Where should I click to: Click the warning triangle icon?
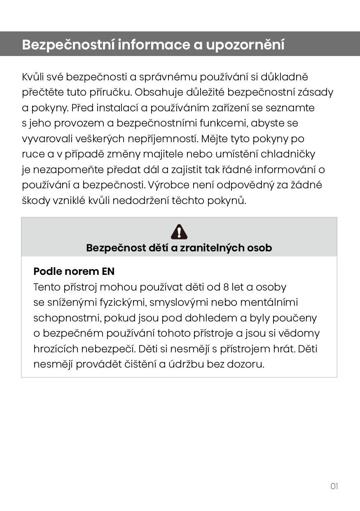(179, 232)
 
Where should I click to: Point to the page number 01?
(334, 486)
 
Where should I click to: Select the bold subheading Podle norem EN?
(74, 272)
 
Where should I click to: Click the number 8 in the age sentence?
(225, 287)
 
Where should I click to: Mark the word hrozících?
(56, 349)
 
